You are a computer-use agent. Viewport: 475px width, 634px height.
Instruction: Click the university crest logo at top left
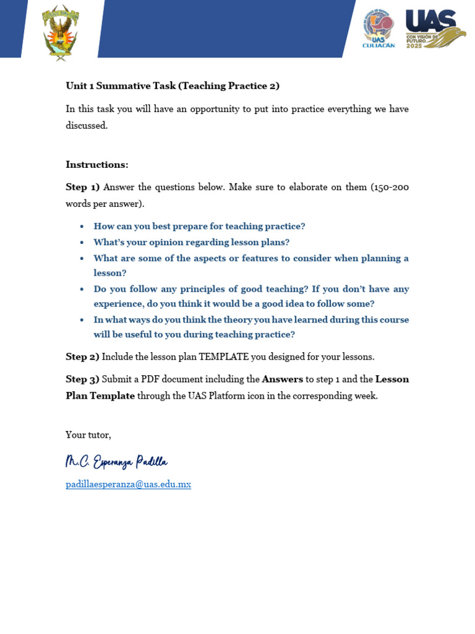(61, 32)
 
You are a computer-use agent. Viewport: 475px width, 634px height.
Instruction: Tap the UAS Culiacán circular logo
(378, 28)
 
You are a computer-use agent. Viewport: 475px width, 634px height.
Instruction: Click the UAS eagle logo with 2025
(435, 28)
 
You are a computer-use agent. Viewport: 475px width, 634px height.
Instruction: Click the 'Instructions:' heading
(97, 165)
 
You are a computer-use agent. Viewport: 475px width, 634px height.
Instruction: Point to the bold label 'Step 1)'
(83, 187)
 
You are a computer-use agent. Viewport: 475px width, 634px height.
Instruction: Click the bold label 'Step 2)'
(83, 357)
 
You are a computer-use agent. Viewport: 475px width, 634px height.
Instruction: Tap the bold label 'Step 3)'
(83, 379)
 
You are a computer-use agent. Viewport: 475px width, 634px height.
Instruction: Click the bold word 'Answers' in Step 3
(283, 379)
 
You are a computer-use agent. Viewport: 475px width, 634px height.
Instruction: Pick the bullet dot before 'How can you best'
(82, 227)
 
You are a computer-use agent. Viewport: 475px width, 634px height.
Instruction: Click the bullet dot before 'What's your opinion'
(82, 243)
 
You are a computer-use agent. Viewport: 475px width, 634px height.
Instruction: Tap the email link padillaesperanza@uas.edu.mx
(128, 484)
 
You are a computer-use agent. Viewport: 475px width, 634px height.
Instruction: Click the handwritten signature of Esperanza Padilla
(116, 462)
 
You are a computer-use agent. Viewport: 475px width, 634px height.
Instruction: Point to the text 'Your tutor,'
(88, 435)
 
